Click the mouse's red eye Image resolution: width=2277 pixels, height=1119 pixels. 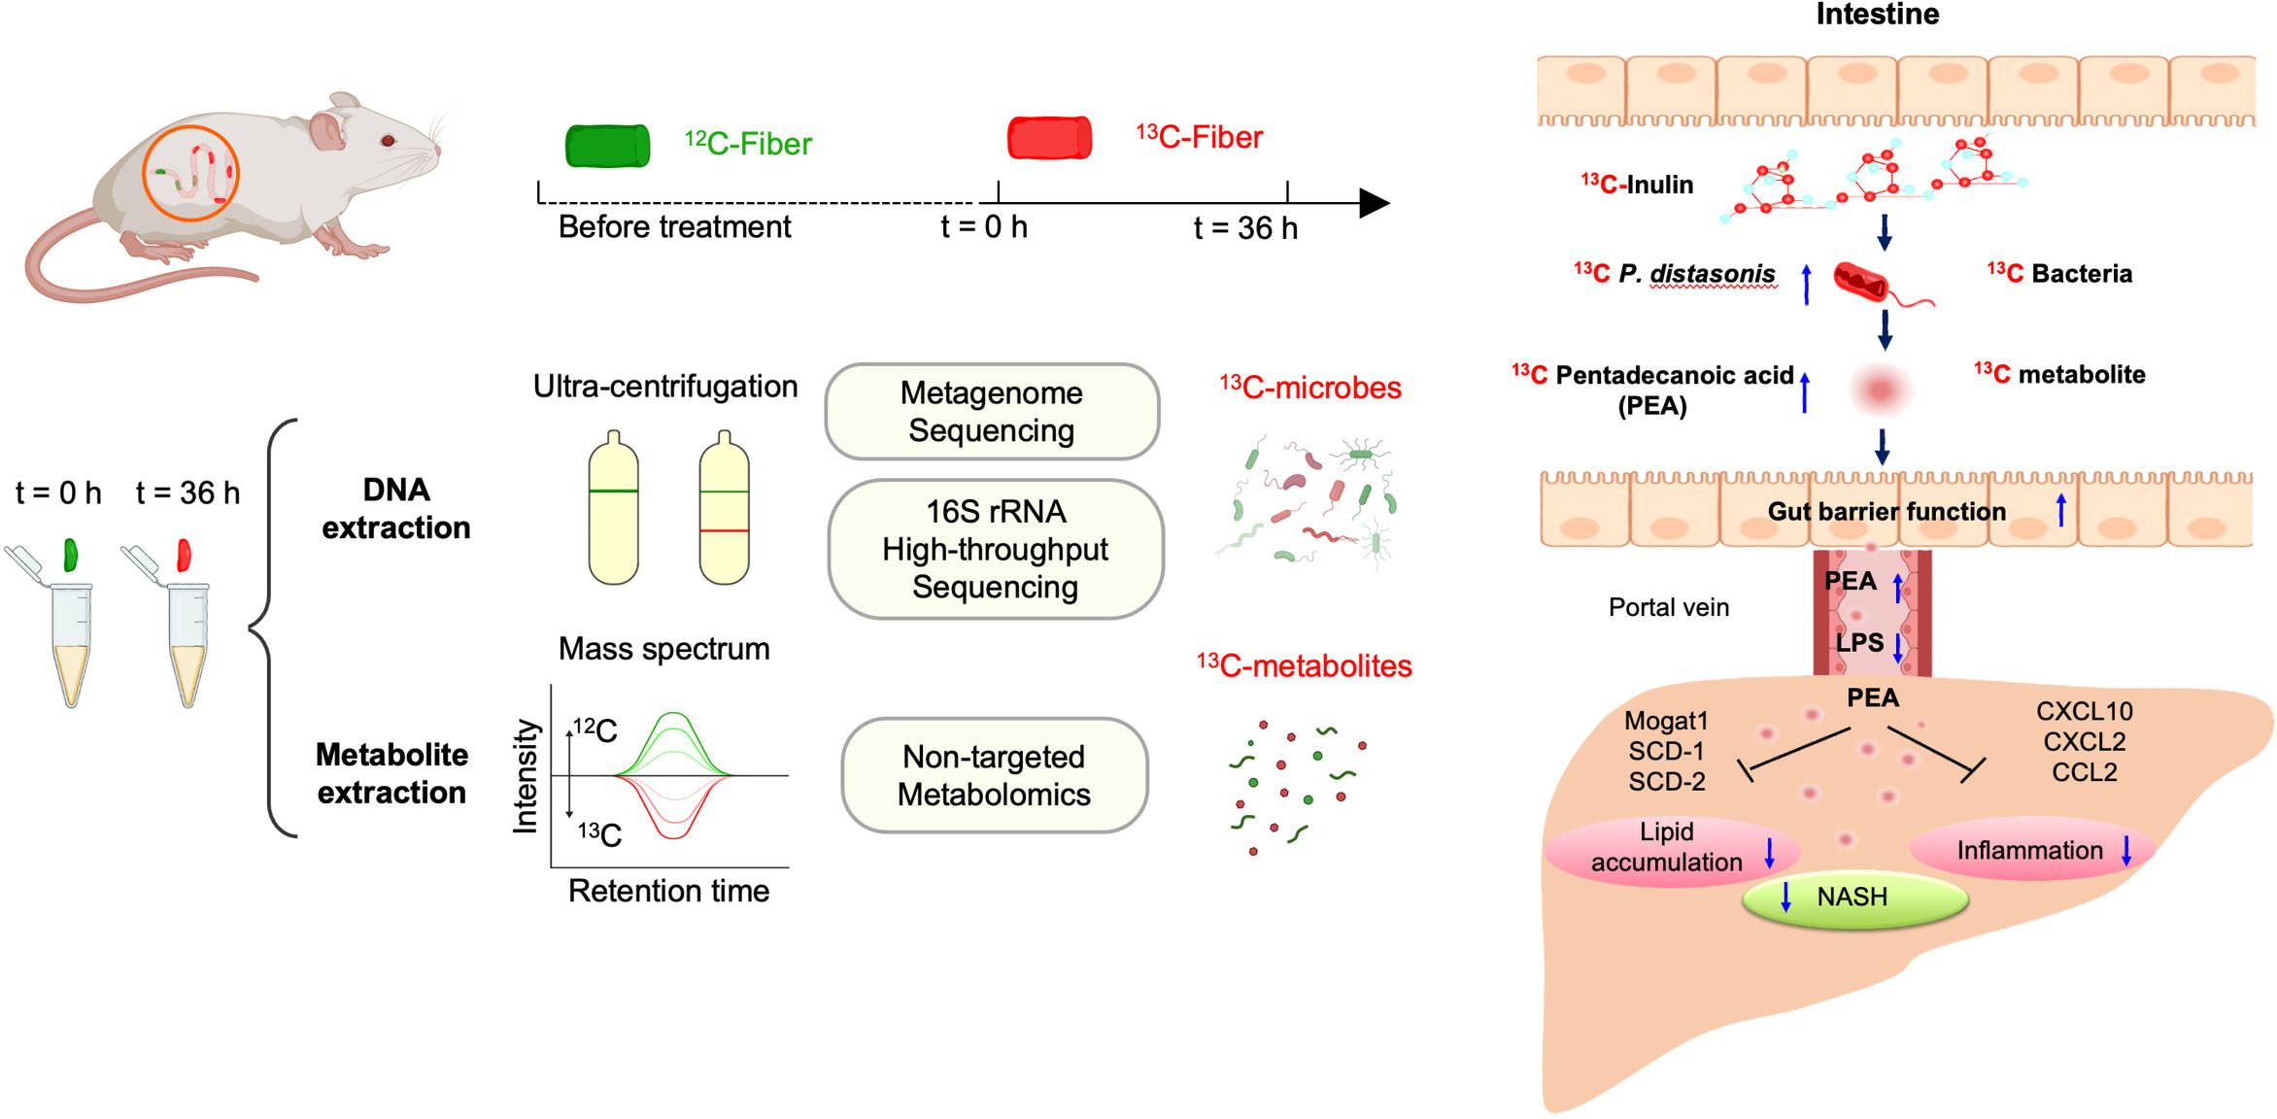pyautogui.click(x=389, y=141)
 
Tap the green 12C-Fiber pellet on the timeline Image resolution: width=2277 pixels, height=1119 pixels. pyautogui.click(x=608, y=146)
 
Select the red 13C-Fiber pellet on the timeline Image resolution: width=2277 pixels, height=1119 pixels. pyautogui.click(x=1049, y=138)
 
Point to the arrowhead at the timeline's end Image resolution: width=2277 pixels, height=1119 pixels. pyautogui.click(x=1374, y=203)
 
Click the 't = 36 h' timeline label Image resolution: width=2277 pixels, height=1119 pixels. pyautogui.click(x=1245, y=228)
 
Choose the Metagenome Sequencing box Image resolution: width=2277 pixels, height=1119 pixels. pyautogui.click(x=992, y=412)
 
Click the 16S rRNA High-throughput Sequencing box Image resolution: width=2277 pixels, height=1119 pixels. pyautogui.click(x=996, y=550)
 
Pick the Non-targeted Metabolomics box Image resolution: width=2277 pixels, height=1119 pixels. pyautogui.click(x=994, y=775)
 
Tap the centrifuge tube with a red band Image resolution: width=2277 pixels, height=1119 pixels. pyautogui.click(x=725, y=509)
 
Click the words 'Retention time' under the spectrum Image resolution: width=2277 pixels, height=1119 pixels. pyautogui.click(x=668, y=891)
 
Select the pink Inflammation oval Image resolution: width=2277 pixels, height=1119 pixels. pyautogui.click(x=2031, y=851)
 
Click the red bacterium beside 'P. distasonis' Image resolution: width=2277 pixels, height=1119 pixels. pyautogui.click(x=1861, y=282)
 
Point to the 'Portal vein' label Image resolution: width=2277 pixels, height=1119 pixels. pyautogui.click(x=1669, y=608)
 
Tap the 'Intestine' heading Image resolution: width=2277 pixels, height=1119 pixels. pyautogui.click(x=1877, y=15)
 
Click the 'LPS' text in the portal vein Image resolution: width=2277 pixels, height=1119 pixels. pyautogui.click(x=1859, y=643)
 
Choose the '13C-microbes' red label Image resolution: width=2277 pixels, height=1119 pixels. pyautogui.click(x=1310, y=389)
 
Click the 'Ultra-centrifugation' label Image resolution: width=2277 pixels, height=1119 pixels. pyautogui.click(x=665, y=387)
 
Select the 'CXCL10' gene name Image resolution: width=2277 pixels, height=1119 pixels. pyautogui.click(x=2085, y=712)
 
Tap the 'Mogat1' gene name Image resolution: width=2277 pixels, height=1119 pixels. pyautogui.click(x=1666, y=721)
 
